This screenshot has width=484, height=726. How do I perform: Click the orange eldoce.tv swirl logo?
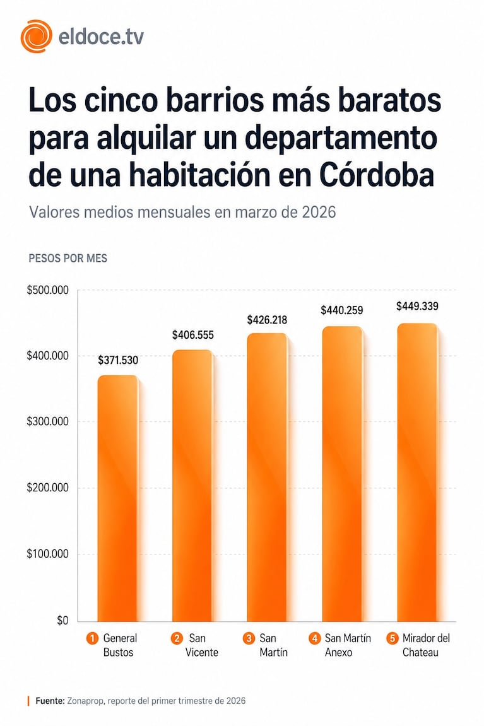pos(36,36)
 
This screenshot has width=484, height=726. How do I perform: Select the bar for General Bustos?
pos(117,498)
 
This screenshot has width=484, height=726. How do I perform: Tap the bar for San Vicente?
pos(192,486)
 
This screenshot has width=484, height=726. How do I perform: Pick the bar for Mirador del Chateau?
pos(416,473)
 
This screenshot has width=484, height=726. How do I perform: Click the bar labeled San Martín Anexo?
pos(342,473)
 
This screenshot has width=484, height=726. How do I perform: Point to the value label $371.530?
pos(118,361)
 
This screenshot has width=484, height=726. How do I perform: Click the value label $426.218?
pos(268,320)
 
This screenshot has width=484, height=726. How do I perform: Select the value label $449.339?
pos(417,307)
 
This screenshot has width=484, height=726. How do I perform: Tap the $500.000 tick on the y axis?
pos(47,290)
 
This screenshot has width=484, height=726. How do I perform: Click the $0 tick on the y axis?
pos(62,621)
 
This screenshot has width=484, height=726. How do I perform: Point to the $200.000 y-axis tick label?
pos(47,488)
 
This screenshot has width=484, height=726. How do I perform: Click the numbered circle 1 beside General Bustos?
pos(91,638)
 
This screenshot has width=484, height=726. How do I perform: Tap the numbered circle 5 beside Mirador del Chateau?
pos(391,638)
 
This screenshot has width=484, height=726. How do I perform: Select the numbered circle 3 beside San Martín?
pos(248,638)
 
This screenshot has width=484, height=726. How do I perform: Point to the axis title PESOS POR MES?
pos(68,259)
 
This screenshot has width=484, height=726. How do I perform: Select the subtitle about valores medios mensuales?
pos(182,212)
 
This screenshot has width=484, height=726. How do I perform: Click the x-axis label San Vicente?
pos(201,645)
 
